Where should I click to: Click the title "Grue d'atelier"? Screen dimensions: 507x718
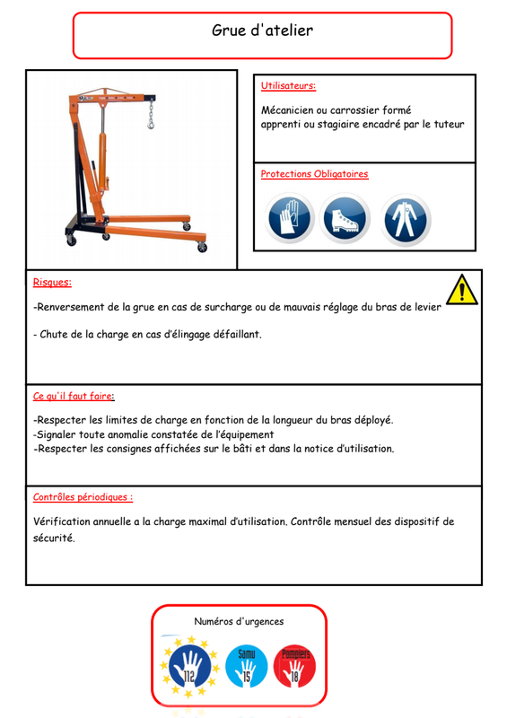click(x=262, y=31)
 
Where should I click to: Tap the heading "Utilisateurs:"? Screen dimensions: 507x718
click(x=288, y=85)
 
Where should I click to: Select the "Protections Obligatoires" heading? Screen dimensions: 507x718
click(x=314, y=174)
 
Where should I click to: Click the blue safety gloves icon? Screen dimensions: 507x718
click(x=290, y=218)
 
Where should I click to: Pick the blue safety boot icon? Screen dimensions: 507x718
click(x=345, y=218)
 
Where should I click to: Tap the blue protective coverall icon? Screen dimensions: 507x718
click(x=406, y=219)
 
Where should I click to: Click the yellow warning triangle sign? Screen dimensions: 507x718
click(x=462, y=290)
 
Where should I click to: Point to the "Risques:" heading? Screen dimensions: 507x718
click(x=52, y=282)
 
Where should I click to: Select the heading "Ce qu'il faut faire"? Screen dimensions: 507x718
click(x=73, y=396)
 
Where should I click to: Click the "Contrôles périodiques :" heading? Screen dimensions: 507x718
click(x=83, y=497)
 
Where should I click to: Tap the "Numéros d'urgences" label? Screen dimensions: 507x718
click(x=239, y=621)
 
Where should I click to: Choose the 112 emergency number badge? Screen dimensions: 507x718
click(x=189, y=666)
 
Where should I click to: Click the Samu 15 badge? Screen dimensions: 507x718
click(x=247, y=666)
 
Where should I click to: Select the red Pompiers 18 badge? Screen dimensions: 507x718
click(x=294, y=666)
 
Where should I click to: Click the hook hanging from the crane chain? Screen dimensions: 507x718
click(x=151, y=123)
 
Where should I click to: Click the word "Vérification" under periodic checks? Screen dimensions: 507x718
click(x=62, y=521)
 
